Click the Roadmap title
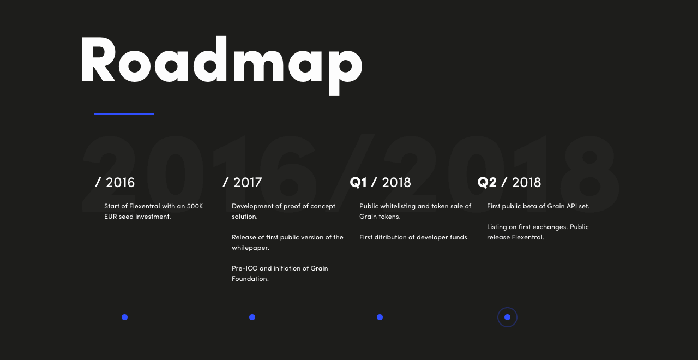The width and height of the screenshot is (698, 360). pyautogui.click(x=221, y=65)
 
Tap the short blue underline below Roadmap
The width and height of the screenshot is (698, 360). pyautogui.click(x=124, y=114)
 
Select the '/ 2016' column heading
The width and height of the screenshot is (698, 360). pyautogui.click(x=115, y=183)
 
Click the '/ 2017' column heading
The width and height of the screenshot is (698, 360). pyautogui.click(x=243, y=183)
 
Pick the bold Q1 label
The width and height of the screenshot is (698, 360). pyautogui.click(x=358, y=183)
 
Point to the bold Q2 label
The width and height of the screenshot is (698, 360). pyautogui.click(x=487, y=183)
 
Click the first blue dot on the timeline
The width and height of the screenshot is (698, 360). pyautogui.click(x=125, y=317)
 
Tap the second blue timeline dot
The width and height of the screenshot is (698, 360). pyautogui.click(x=252, y=317)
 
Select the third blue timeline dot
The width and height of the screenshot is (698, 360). pyautogui.click(x=380, y=317)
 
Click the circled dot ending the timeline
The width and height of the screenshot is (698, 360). pyautogui.click(x=507, y=317)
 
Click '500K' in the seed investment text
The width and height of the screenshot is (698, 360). pyautogui.click(x=195, y=206)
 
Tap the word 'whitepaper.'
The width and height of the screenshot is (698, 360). pyautogui.click(x=250, y=248)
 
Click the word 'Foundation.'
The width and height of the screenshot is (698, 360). pyautogui.click(x=250, y=279)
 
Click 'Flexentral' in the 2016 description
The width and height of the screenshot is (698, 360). pyautogui.click(x=145, y=206)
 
